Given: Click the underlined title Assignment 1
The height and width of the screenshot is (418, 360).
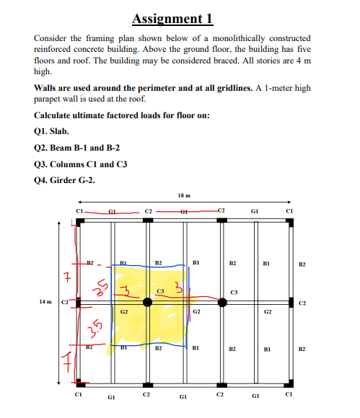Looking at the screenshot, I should click(x=172, y=17).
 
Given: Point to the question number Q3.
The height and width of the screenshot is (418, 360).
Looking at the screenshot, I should click(x=41, y=164).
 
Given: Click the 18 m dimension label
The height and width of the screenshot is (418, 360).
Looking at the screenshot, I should click(x=183, y=195).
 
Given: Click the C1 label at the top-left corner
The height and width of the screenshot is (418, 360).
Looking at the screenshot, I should click(x=79, y=210).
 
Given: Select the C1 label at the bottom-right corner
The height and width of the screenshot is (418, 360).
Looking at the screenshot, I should click(x=289, y=396).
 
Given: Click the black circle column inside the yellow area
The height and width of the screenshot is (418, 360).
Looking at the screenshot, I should click(x=148, y=303).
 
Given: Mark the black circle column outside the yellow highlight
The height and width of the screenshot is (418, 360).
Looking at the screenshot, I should click(x=222, y=303).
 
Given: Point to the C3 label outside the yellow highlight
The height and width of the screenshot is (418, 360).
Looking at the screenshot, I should click(x=233, y=292).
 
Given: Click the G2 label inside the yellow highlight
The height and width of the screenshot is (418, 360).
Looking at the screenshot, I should click(x=124, y=313).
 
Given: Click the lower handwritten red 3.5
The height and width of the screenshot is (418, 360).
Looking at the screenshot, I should click(x=94, y=329).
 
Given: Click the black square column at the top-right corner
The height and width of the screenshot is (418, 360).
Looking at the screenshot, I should click(x=290, y=219).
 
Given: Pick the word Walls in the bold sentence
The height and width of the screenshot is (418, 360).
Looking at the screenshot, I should click(x=46, y=88).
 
